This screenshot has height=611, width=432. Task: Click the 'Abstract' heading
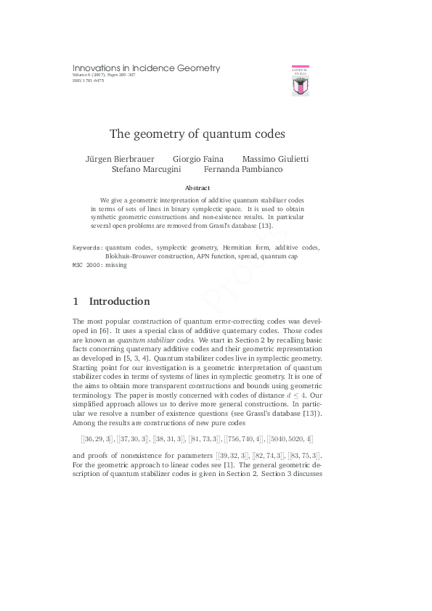[197, 188]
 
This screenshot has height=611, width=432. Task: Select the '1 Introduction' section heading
[111, 301]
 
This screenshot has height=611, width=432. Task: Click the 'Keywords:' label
[87, 247]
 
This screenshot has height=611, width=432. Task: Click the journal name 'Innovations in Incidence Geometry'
[146, 68]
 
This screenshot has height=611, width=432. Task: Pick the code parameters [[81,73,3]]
[203, 440]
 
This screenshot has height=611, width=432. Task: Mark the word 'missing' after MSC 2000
[116, 265]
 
